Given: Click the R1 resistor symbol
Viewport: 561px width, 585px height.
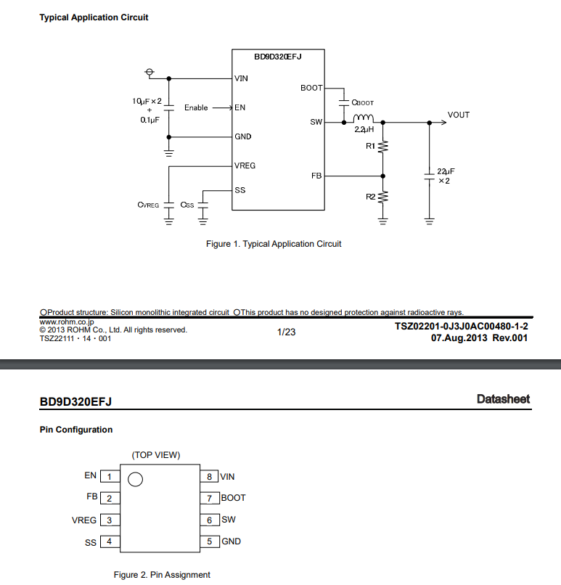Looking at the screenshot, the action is point(382,147).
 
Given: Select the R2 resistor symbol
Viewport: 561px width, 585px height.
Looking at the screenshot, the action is point(382,197).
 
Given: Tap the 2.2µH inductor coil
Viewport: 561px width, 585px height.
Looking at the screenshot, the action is point(363,118).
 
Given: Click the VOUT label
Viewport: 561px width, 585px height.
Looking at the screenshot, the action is point(459,115).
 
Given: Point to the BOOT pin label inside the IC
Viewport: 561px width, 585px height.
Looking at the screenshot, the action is point(311,88).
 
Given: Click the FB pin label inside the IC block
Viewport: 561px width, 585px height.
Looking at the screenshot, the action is point(316,176).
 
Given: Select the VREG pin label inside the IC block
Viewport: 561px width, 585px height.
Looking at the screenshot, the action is point(245,165).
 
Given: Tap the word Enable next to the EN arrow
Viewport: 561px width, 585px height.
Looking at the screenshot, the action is point(196,107).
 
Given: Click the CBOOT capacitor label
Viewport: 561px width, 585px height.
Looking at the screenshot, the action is point(363,102).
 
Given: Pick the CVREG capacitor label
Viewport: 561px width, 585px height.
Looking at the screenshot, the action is point(148,205).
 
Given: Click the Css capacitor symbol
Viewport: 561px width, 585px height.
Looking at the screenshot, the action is point(203,205).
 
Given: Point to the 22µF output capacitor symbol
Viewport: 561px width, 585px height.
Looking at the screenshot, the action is point(430,176).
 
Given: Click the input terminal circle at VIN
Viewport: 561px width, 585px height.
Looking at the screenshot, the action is point(150,72).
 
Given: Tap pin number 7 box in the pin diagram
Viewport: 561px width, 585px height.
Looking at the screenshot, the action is point(209,498).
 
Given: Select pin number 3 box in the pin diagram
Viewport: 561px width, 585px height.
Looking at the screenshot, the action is point(110,520).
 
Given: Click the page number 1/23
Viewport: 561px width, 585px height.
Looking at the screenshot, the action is point(287,332).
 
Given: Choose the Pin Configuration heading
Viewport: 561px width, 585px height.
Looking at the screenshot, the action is point(76,430).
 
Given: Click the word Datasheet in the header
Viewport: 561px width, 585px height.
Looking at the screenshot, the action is point(503,398).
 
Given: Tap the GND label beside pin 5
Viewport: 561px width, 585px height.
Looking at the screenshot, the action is point(232,541).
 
